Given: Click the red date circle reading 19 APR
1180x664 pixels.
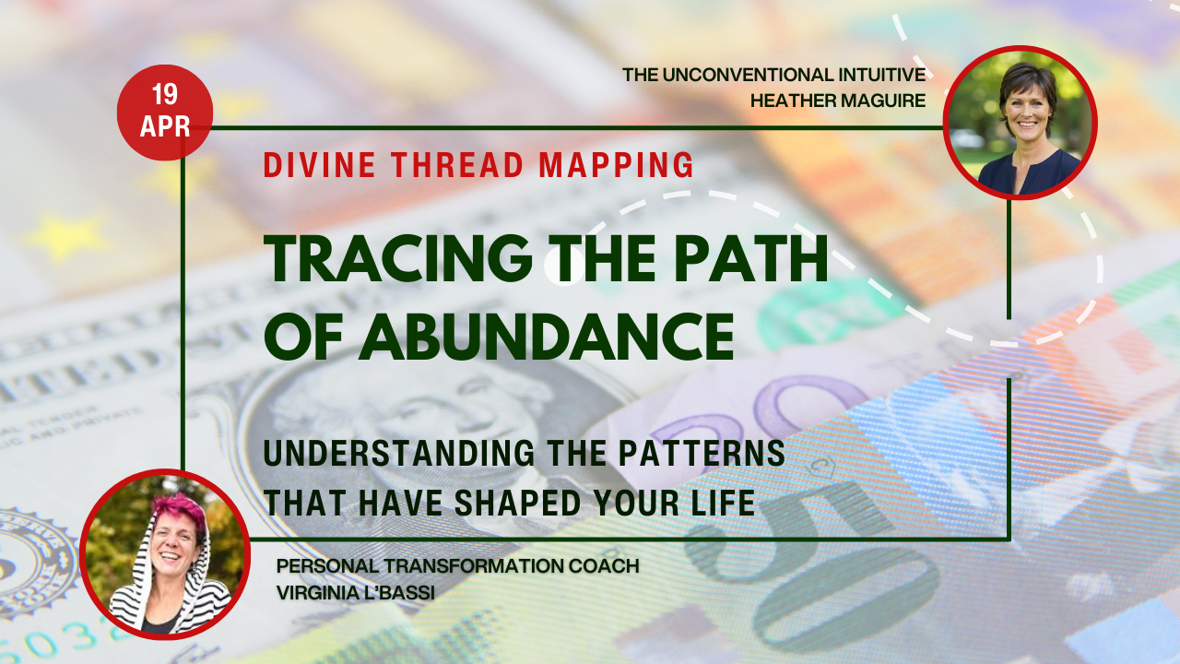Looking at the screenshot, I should pos(165,113).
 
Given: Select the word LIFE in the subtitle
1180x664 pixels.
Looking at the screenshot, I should pos(723,504).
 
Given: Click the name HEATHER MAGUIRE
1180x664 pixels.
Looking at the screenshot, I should pos(839,101).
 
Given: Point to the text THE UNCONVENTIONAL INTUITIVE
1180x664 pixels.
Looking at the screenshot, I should pos(773,74).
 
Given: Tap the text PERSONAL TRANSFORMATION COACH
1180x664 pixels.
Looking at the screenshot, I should pos(457,565).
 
